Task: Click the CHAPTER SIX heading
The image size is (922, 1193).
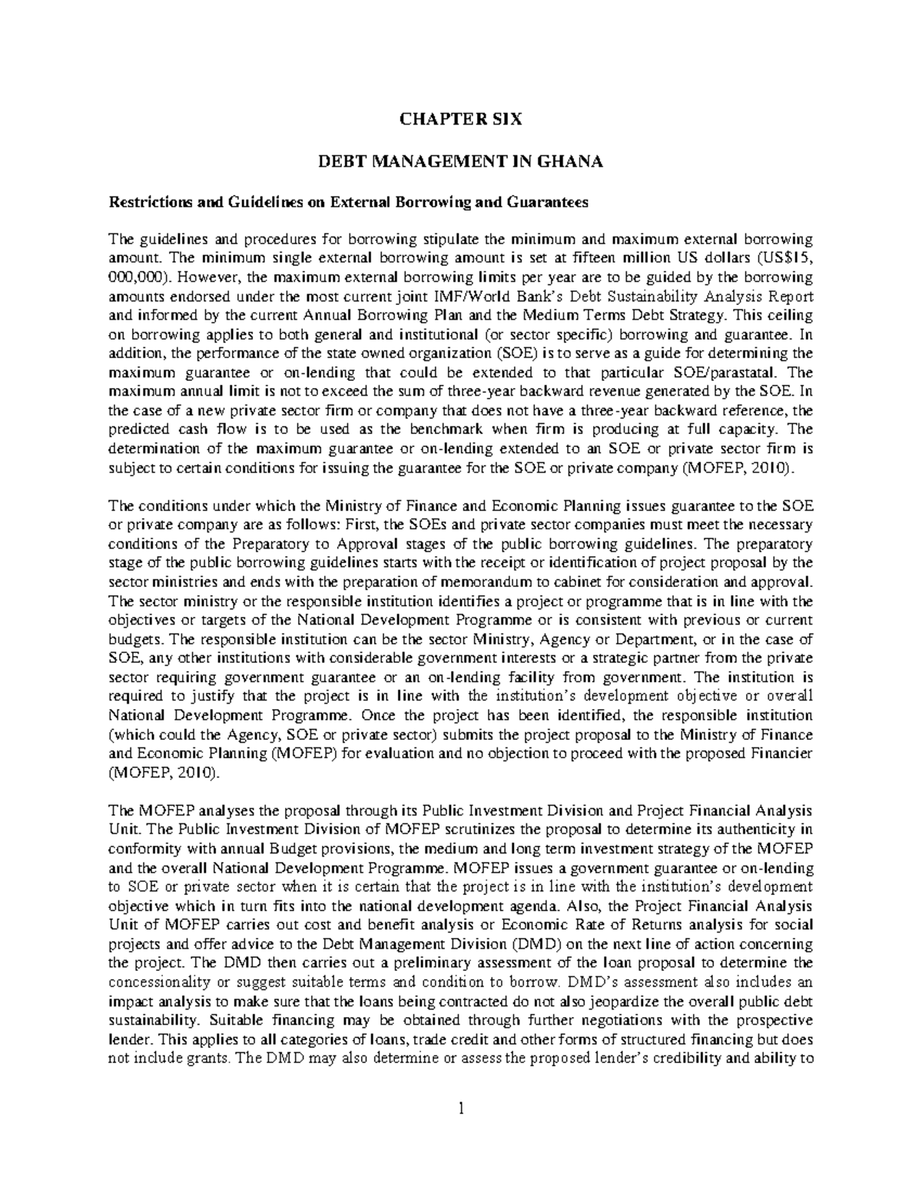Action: click(461, 119)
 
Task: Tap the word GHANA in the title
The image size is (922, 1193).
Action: click(569, 161)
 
